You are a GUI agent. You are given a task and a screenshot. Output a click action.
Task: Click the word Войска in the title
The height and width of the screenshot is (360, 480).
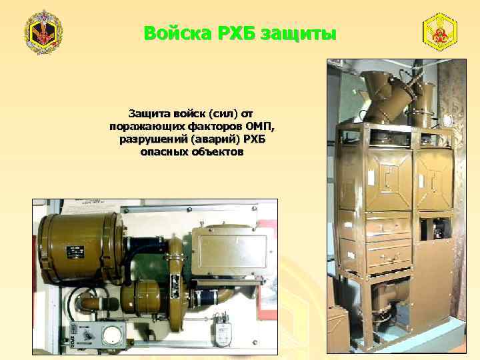pos(174,33)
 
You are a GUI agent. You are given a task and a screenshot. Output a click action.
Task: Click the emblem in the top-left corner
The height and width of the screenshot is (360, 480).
pos(43,32)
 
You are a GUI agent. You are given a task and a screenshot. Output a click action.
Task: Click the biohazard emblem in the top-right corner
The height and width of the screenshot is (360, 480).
pos(440,32)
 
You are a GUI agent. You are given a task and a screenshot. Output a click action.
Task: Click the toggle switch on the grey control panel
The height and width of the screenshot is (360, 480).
pos(83,331)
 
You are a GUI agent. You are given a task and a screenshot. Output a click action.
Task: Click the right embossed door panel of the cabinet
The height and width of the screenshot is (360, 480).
pos(437,177)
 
